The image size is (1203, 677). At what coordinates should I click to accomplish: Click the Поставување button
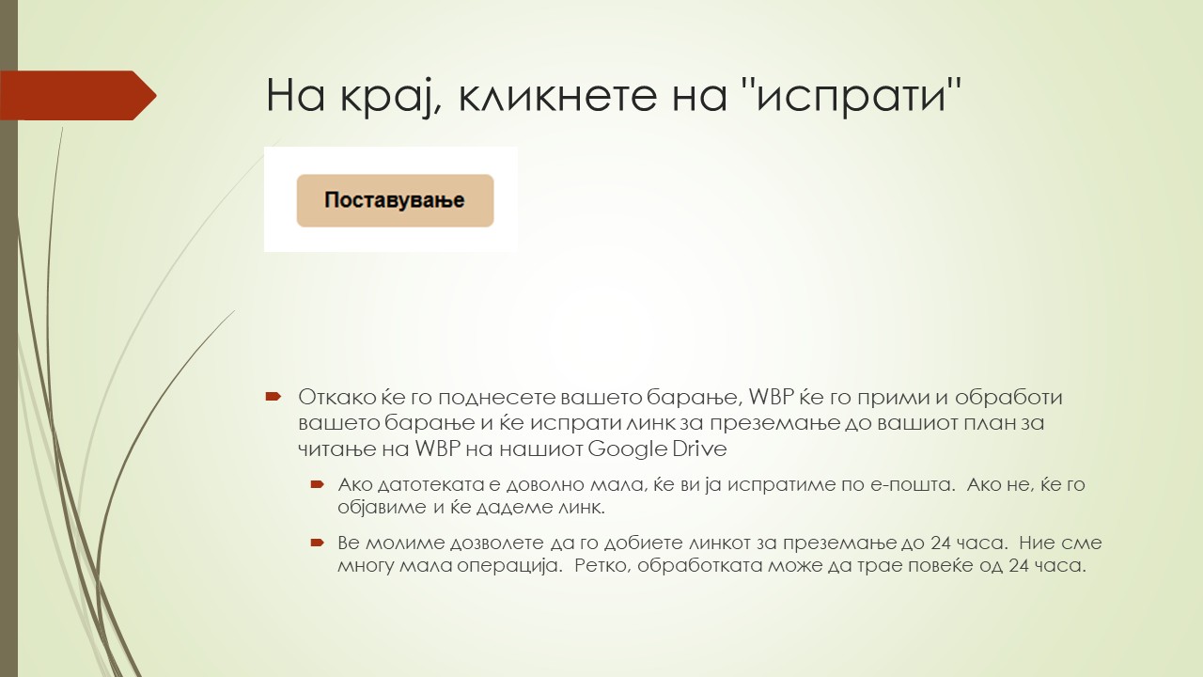point(395,200)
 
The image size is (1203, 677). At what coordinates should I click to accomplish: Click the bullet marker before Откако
point(273,397)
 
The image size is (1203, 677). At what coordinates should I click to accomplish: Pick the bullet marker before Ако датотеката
point(317,484)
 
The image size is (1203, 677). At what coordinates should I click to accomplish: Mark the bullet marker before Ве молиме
point(317,543)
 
